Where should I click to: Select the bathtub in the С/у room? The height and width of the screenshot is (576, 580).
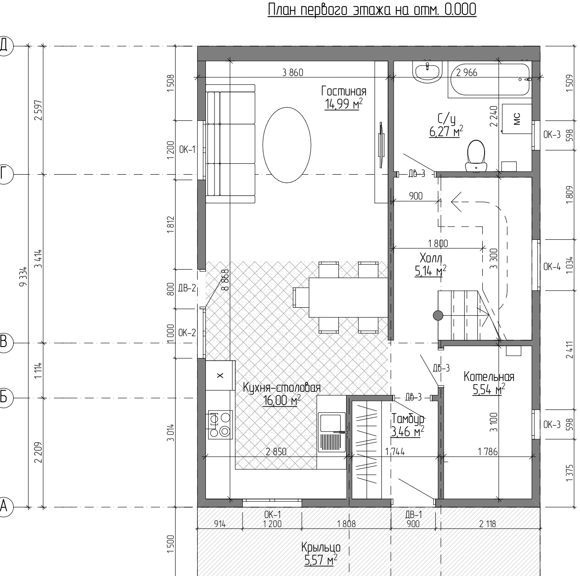click(490, 80)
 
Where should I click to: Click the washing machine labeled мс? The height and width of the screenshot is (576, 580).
click(517, 119)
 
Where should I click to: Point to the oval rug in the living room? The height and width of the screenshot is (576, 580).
click(286, 145)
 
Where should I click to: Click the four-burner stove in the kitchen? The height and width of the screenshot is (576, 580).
click(220, 425)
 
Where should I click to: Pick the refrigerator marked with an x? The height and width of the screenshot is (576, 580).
click(220, 376)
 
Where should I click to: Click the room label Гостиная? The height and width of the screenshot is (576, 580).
click(344, 91)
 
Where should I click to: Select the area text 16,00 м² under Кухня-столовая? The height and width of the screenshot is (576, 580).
click(282, 401)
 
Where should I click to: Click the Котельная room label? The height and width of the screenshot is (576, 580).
click(489, 376)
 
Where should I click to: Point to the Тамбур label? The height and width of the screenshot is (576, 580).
click(408, 419)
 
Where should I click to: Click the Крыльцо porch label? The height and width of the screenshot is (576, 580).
click(321, 547)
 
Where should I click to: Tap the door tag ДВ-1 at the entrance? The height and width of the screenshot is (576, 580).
click(414, 514)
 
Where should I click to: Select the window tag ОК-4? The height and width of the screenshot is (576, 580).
click(552, 267)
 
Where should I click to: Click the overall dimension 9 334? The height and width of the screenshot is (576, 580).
click(24, 276)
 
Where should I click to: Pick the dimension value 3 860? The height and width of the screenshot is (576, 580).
click(293, 72)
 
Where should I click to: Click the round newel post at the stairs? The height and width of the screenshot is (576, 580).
click(438, 315)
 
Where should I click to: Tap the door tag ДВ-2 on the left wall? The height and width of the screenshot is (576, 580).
click(187, 288)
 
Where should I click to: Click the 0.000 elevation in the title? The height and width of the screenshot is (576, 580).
click(460, 10)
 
